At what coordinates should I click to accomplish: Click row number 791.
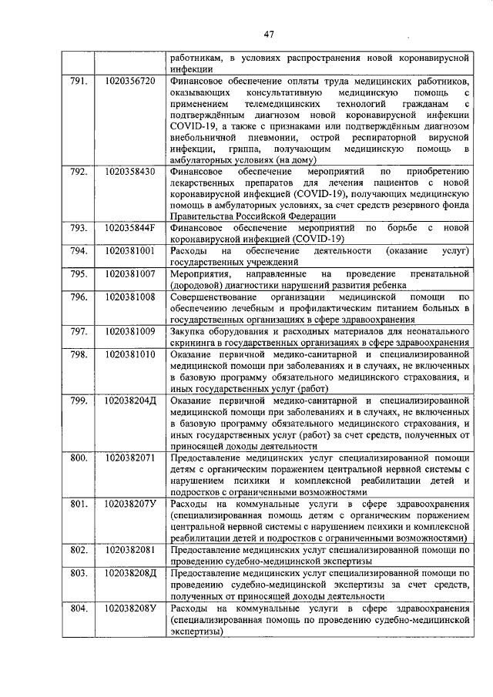coord(78,80)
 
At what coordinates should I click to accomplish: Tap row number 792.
coord(78,172)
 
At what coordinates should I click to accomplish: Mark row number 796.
coord(78,297)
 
